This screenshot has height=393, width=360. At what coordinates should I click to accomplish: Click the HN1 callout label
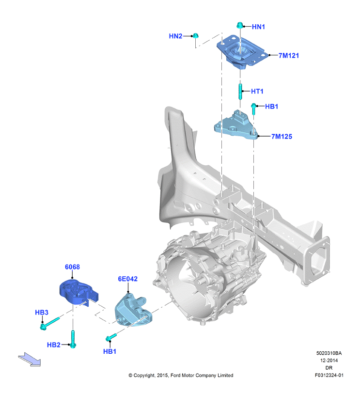[258, 27]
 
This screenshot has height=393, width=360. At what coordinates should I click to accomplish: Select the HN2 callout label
[175, 36]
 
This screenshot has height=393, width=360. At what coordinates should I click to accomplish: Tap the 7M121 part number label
[289, 55]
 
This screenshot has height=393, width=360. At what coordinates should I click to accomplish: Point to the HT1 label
[257, 91]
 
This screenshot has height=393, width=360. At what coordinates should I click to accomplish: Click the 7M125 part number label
[282, 136]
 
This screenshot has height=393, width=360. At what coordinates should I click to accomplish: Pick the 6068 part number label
[72, 267]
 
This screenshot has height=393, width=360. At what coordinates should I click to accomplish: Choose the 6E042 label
[128, 279]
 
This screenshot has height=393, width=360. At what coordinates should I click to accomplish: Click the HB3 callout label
[42, 312]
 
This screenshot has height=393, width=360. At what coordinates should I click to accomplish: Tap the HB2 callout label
[54, 345]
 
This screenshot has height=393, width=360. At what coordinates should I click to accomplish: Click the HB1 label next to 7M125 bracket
[271, 106]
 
